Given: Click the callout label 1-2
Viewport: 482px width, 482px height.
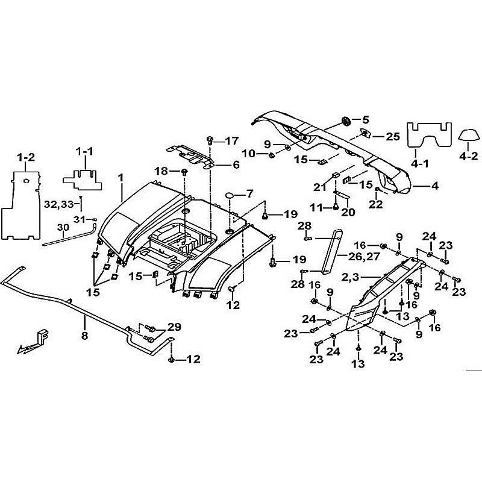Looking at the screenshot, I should (x=26, y=157).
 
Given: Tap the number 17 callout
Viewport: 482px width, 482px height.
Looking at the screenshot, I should (x=232, y=141).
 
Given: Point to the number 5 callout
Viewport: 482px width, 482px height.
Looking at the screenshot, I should (x=365, y=119).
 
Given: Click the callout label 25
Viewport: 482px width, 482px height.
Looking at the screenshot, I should (x=393, y=137).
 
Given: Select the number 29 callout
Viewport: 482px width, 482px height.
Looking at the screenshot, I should (x=174, y=327).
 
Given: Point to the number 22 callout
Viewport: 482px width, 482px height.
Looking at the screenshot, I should (x=377, y=204).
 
